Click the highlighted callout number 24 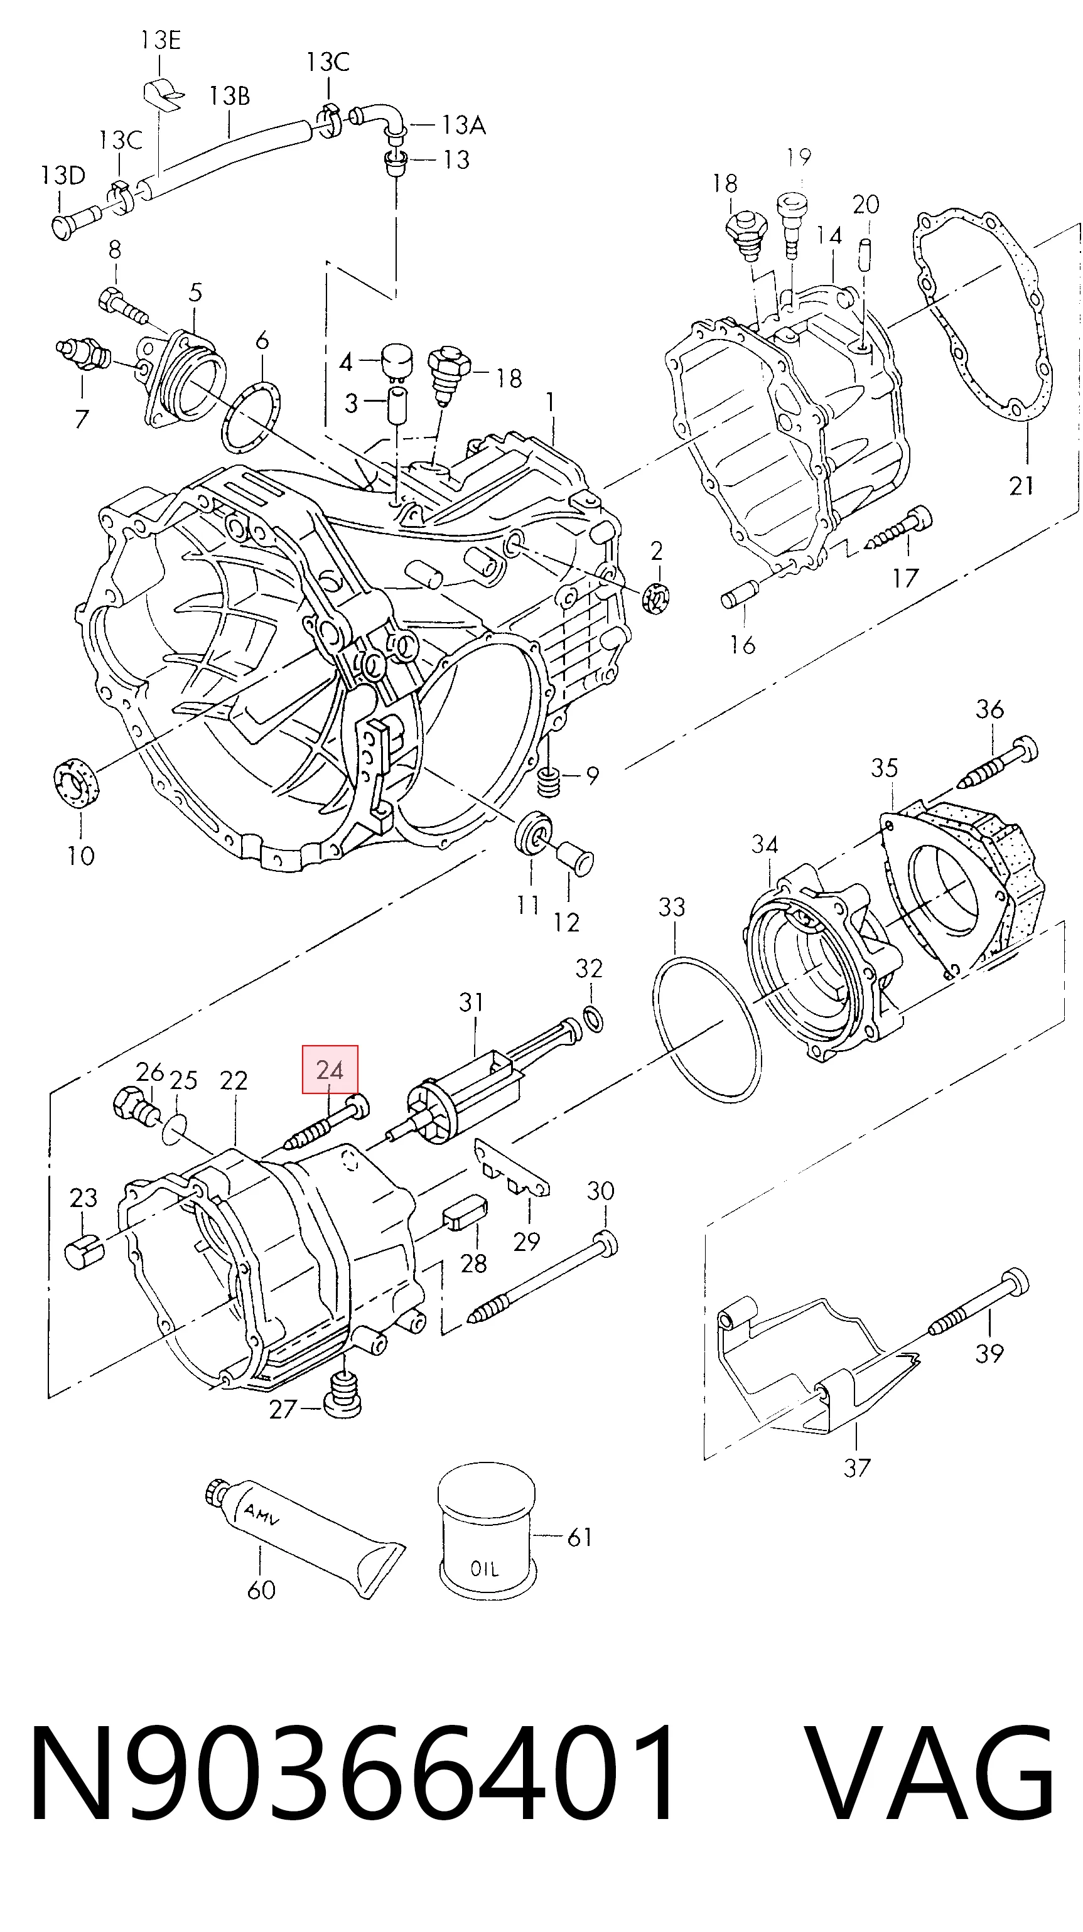coord(330,1069)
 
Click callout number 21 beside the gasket coord(1021,486)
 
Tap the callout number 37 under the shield coord(856,1467)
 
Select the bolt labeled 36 coord(998,761)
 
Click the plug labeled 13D coord(73,222)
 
